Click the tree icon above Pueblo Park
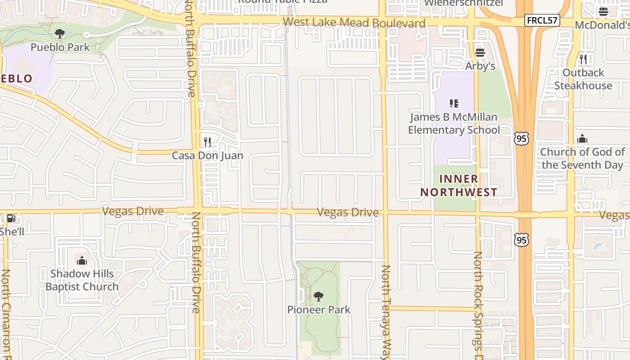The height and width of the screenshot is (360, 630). tap(59, 33)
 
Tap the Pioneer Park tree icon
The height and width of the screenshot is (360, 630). tap(319, 296)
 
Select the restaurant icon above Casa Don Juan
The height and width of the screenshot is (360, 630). tap(207, 142)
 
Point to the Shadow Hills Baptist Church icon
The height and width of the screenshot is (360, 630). tap(81, 261)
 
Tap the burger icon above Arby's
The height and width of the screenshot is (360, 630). tap(480, 53)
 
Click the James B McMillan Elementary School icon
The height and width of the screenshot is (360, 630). tap(454, 103)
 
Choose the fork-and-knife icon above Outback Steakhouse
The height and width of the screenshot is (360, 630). tap(583, 59)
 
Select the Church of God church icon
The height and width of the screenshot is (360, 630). tap(582, 139)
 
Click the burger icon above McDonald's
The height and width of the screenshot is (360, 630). tap(603, 12)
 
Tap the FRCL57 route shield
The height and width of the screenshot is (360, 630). tap(542, 20)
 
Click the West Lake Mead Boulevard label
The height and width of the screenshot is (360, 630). tap(354, 23)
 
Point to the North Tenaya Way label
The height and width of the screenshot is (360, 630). tap(387, 310)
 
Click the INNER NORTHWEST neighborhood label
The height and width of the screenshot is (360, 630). tap(459, 185)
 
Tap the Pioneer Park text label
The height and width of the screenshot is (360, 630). tap(319, 310)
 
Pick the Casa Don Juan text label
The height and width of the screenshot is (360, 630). tap(207, 156)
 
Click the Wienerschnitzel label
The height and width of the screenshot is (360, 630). tap(464, 3)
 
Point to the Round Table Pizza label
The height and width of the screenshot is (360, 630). tap(283, 2)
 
